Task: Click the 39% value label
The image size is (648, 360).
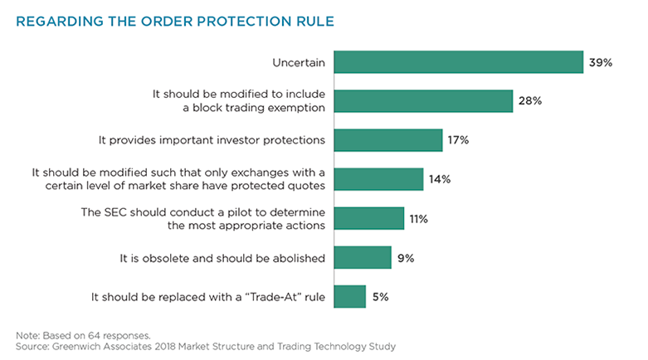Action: point(602,63)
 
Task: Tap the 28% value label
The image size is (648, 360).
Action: point(531,101)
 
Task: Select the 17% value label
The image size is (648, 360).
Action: point(459,140)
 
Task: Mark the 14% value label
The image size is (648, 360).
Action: point(440,179)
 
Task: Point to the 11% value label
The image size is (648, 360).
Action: point(419,219)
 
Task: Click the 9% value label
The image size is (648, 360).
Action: point(406,258)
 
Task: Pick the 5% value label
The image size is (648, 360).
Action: point(381,296)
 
